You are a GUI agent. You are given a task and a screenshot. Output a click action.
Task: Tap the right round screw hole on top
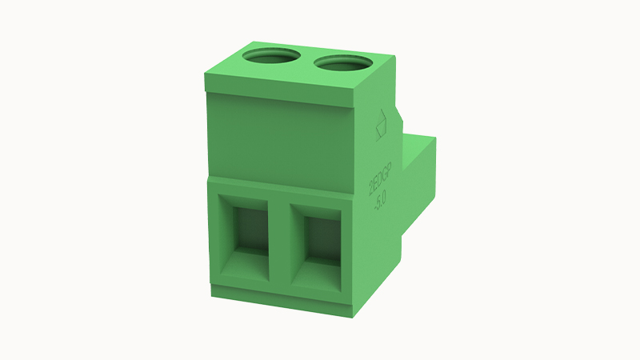coord(343,62)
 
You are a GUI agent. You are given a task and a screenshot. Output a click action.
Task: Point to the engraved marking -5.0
coord(382,198)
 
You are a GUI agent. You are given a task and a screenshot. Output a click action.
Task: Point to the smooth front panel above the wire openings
coord(280,136)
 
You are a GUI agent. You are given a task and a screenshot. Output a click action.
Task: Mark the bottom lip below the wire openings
coord(280,297)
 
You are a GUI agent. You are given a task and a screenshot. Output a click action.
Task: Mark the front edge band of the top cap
coord(280,95)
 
